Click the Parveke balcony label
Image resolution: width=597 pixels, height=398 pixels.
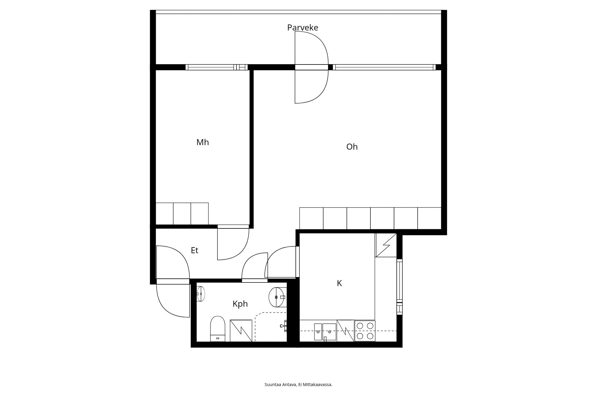coord(302,27)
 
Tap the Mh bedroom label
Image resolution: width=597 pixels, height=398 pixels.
coord(202,142)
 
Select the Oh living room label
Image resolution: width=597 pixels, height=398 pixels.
coord(352,147)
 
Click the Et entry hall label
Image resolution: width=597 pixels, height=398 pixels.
coord(194,250)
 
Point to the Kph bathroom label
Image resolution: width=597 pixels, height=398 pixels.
coord(240,304)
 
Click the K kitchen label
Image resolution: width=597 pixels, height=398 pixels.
coord(339,283)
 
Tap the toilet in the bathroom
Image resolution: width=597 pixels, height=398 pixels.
coord(218,329)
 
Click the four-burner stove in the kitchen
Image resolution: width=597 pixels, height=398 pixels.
coord(365,331)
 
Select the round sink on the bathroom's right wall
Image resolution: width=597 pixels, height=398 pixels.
coord(278,297)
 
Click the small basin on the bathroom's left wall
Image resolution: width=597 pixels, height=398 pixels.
coord(200,294)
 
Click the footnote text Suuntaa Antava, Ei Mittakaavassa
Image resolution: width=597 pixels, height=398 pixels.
coord(298,385)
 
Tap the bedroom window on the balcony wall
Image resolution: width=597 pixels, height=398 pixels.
coord(216,67)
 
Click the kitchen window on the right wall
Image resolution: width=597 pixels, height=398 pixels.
coord(399,287)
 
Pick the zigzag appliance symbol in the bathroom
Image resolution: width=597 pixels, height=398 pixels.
coord(241,331)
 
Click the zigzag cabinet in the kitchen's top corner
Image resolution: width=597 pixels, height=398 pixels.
coord(386,245)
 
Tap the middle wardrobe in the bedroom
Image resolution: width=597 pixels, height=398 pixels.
coord(182,214)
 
